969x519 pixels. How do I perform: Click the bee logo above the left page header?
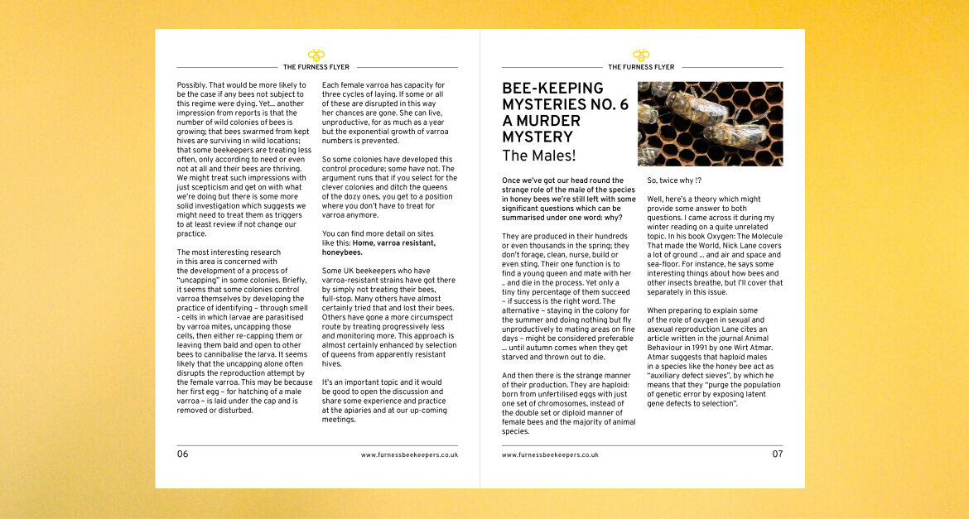[x=316, y=55]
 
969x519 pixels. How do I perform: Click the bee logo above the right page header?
[x=641, y=55]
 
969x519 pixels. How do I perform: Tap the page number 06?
[x=182, y=454]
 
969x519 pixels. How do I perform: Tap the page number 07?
[x=777, y=454]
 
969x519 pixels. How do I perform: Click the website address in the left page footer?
[x=409, y=455]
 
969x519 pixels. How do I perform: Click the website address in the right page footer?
[x=550, y=455]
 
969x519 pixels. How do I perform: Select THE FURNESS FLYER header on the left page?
[x=316, y=67]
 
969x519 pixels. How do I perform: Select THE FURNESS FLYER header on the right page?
[x=641, y=67]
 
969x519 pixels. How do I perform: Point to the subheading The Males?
[x=538, y=155]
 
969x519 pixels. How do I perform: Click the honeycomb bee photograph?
[x=710, y=123]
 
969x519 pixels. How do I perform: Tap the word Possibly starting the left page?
[x=191, y=85]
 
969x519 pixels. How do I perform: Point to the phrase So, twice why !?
[x=674, y=180]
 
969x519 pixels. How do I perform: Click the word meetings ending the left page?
[x=338, y=420]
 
